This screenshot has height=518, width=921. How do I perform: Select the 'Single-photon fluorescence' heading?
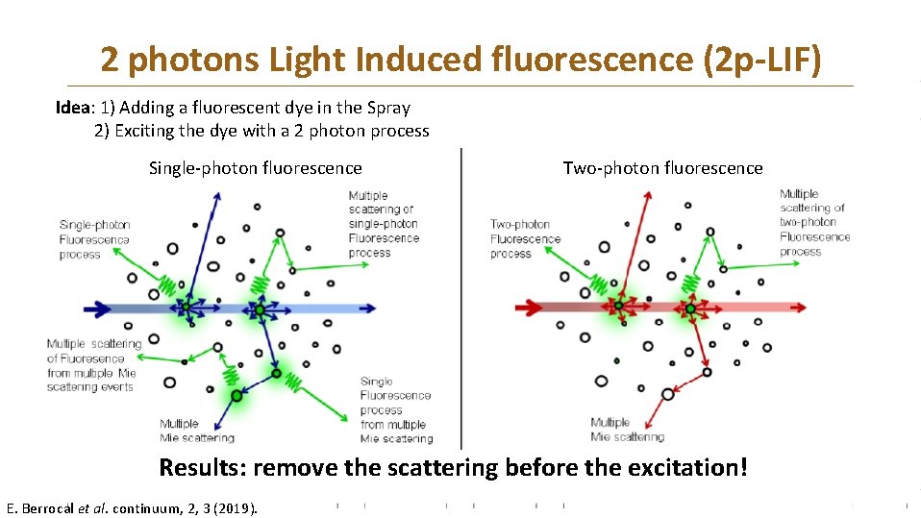click(x=256, y=168)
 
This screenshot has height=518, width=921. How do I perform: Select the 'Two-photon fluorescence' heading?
click(x=662, y=168)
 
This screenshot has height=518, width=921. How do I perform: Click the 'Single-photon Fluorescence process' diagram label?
click(x=94, y=239)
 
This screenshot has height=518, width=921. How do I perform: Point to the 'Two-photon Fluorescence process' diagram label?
click(x=525, y=239)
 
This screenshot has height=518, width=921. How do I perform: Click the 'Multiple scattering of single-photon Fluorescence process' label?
click(x=383, y=224)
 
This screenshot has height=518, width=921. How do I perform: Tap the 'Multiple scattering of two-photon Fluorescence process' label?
click(x=814, y=223)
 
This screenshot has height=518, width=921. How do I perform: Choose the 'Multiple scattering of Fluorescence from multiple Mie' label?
click(x=93, y=365)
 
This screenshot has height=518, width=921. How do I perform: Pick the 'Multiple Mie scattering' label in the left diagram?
click(x=196, y=431)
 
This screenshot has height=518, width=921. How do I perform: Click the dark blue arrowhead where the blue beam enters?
click(x=99, y=308)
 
